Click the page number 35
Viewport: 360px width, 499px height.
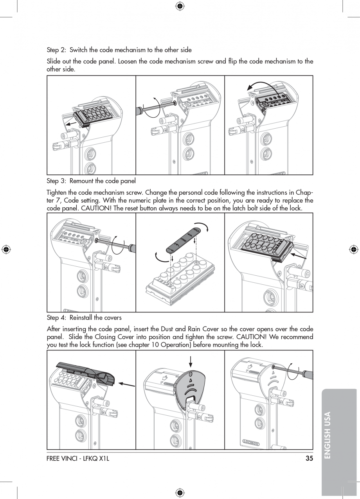click(x=309, y=458)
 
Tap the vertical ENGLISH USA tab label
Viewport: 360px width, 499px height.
click(x=328, y=434)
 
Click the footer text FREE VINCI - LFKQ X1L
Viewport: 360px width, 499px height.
click(x=78, y=458)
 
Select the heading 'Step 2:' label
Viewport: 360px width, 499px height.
click(x=57, y=50)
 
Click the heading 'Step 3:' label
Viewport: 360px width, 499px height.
click(x=57, y=181)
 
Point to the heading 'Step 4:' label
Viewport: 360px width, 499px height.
click(x=57, y=318)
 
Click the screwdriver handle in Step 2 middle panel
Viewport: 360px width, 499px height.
click(x=140, y=111)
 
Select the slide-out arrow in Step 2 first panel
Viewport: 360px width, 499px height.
click(x=71, y=124)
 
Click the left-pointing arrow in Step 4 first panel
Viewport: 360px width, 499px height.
click(x=126, y=384)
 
